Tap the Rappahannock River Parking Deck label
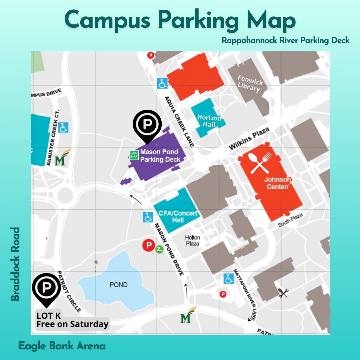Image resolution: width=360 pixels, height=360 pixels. [286, 40]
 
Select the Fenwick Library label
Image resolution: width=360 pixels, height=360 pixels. [250, 84]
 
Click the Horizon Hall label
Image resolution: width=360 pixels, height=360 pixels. [209, 121]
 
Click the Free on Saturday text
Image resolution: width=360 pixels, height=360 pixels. [72, 324]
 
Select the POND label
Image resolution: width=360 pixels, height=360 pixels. [119, 285]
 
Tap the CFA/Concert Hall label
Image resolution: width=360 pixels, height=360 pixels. [178, 217]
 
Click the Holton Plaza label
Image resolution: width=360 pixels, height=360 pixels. [193, 240]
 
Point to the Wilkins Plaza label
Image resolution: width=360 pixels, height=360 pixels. [249, 139]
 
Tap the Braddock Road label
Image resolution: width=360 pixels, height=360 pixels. [15, 264]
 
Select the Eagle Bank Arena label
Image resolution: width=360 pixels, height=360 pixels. [62, 346]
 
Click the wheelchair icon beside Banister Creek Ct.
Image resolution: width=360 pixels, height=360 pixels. [63, 127]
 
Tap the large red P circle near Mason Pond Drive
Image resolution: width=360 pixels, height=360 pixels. [148, 246]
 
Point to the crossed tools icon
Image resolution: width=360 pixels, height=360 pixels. [283, 293]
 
